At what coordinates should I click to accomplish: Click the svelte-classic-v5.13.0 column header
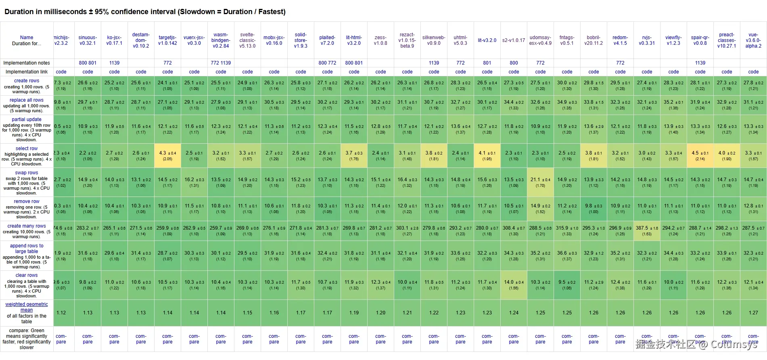pos(247,40)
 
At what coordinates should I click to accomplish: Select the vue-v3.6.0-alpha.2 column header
pos(753,40)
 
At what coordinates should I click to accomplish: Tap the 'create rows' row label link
pos(27,81)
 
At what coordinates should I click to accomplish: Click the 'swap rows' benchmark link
pos(27,173)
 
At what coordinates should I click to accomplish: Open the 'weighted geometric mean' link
pos(27,307)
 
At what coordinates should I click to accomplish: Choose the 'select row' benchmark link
pos(27,149)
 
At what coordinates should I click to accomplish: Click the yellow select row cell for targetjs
pos(167,155)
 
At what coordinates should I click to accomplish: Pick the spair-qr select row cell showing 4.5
pos(700,155)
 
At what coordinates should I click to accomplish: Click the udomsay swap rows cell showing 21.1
pos(540,182)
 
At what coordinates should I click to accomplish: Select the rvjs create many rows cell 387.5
pos(647,230)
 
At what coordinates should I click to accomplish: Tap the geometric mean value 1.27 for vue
pos(753,313)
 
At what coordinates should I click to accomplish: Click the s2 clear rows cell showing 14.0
pos(514,285)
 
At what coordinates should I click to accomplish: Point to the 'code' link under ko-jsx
pos(114,72)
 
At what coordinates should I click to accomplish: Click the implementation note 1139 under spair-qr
pos(700,63)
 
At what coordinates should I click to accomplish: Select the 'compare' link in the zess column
pos(380,339)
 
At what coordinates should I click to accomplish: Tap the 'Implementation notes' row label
pos(27,63)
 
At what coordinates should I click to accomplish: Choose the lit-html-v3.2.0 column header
pos(354,40)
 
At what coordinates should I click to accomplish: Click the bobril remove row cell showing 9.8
pos(594,208)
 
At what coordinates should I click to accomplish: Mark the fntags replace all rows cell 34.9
pos(567,105)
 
